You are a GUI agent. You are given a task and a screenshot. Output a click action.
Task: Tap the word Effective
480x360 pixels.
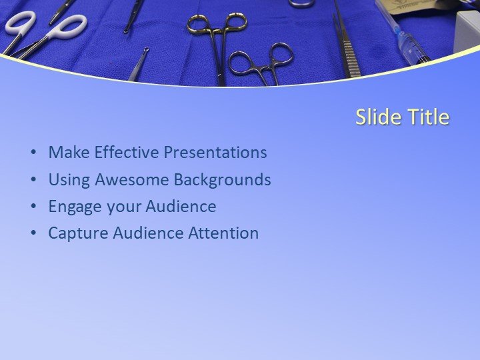[x=127, y=153]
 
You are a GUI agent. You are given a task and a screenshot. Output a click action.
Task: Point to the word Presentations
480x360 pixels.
[x=215, y=153]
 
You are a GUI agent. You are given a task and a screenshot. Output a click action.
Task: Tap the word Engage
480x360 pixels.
[x=74, y=207]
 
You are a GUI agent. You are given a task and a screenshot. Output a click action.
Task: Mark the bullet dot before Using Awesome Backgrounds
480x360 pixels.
[x=33, y=180]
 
